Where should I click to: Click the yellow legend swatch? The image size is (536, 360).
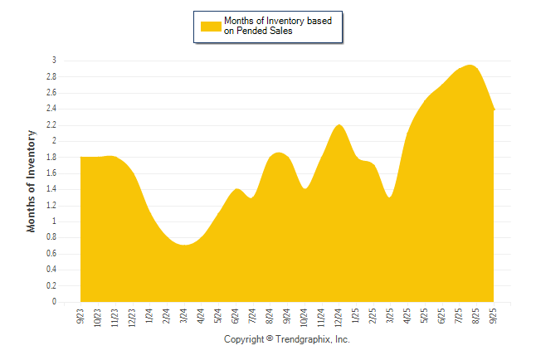211,27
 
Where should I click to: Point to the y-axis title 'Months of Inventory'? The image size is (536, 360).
32,181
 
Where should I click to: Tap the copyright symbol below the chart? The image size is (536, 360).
270,339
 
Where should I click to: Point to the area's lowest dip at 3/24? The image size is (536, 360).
184,245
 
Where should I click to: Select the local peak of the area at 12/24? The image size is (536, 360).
339,125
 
